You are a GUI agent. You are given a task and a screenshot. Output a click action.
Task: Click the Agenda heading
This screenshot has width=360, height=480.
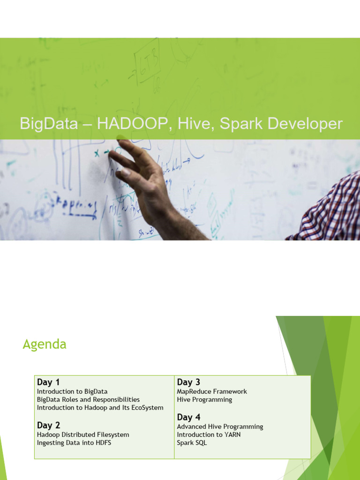pos(45,345)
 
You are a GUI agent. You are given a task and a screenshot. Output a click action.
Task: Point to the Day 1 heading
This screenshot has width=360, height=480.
pos(48,382)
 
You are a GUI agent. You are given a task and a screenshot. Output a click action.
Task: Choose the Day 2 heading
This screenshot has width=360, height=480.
pos(48,425)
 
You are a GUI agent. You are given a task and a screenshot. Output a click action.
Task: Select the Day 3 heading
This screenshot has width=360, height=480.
pos(188,382)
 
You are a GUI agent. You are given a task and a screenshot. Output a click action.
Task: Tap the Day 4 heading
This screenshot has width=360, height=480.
pos(188,417)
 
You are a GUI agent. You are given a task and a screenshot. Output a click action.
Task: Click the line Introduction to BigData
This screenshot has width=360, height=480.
pos(72,391)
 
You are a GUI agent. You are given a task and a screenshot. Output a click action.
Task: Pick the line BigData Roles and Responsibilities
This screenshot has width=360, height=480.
pos(88,399)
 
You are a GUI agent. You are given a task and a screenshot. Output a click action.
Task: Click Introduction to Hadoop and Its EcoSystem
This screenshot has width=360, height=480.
pos(100,407)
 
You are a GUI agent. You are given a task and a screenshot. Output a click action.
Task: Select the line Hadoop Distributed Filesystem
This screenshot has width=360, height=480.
pos(83,435)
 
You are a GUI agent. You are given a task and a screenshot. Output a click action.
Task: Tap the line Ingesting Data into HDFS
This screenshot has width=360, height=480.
pos(74,442)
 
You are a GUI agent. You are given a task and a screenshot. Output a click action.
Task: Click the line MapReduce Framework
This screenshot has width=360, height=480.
pos(212,391)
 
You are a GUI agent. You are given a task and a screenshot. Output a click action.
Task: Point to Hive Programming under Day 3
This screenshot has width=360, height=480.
pos(204,399)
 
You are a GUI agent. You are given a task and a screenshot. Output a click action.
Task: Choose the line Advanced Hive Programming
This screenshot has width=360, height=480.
pos(220,427)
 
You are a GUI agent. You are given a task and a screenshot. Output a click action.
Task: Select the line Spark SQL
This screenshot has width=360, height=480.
pos(192,442)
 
